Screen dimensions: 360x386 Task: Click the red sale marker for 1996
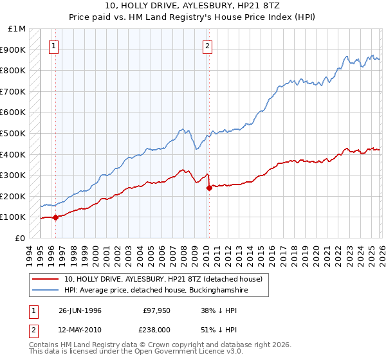[x=55, y=217]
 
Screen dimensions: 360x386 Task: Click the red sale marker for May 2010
[x=209, y=188]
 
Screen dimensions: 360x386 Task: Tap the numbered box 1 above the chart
[x=53, y=46]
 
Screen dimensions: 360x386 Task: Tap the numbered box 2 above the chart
[x=208, y=46]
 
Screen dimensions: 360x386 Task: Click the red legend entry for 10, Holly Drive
[x=163, y=280]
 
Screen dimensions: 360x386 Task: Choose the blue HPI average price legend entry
[x=156, y=291]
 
